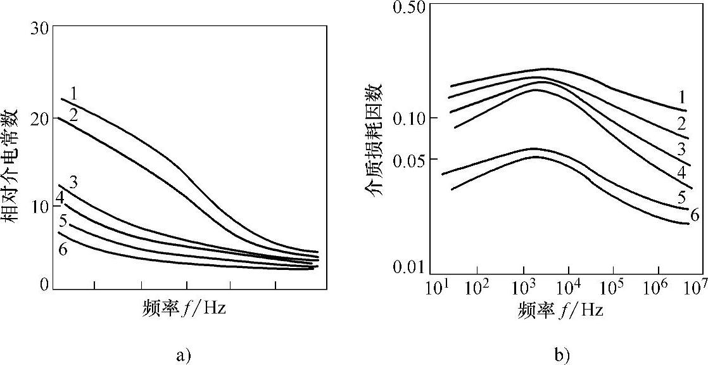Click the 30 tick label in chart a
40,29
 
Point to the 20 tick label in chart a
40,118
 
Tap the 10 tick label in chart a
40,207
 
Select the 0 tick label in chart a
44,285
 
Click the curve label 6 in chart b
695,215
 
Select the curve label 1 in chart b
682,98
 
